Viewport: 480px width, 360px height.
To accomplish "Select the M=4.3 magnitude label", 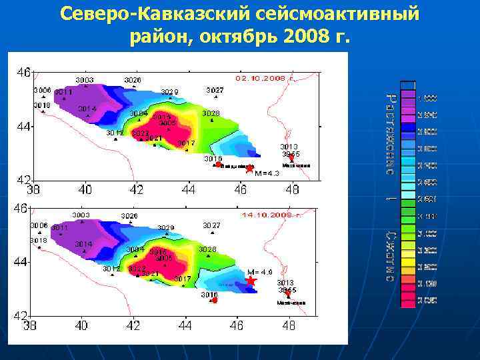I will coord(267,173).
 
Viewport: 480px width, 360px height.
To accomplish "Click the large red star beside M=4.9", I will coord(251,281).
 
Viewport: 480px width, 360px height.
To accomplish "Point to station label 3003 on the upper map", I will coord(84,80).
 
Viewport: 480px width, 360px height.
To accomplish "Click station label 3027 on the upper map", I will coord(215,90).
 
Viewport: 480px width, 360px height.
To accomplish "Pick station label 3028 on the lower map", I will coord(207,249).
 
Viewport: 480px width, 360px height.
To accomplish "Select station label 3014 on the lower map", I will coord(83,244).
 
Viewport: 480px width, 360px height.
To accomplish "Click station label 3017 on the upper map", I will coord(186,143).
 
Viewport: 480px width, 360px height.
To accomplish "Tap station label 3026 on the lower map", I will coord(129,216).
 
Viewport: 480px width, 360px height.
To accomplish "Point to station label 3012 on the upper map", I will coord(115,133).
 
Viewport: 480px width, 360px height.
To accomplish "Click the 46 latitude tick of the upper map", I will coord(23,71).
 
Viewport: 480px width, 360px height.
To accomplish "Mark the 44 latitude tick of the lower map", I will coord(22,262).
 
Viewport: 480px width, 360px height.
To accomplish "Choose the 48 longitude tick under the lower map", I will coord(288,326).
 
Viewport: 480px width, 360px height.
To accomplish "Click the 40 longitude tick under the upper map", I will coord(85,190).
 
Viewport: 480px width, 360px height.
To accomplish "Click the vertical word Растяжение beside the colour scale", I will coord(389,133).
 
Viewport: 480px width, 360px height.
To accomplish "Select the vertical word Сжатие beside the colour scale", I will coord(389,257).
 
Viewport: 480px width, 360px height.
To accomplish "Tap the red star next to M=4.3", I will coord(249,169).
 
